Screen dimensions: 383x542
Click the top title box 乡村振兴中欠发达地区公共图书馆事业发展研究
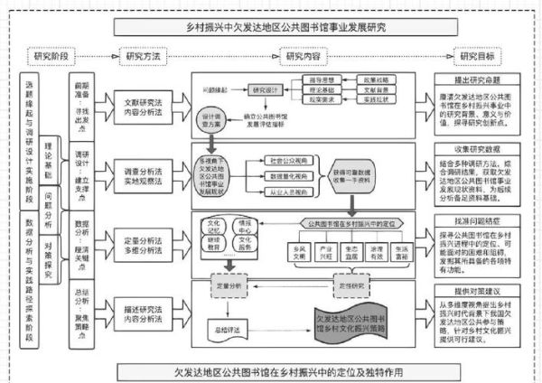click(x=272, y=27)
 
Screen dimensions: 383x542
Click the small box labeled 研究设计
click(x=268, y=90)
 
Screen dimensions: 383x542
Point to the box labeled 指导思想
click(x=321, y=79)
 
